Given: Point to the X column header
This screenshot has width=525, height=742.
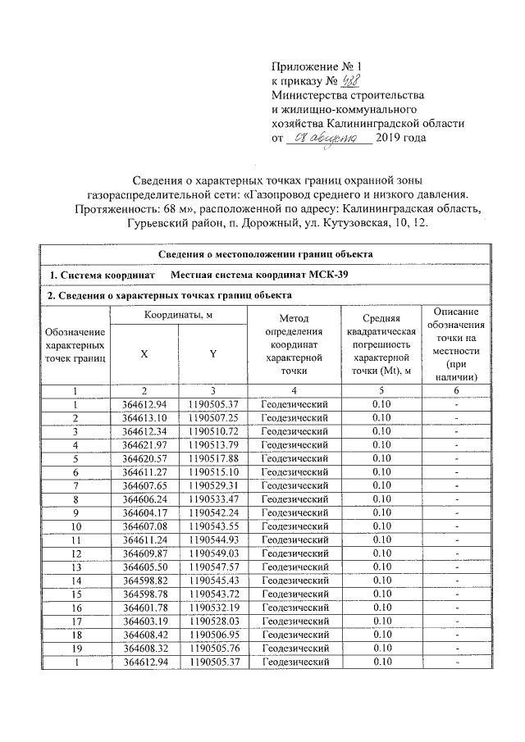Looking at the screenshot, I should (x=144, y=353).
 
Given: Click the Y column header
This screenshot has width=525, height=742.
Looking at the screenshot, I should (x=212, y=353).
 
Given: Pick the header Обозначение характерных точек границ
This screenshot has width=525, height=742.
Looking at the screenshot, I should (x=75, y=349).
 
